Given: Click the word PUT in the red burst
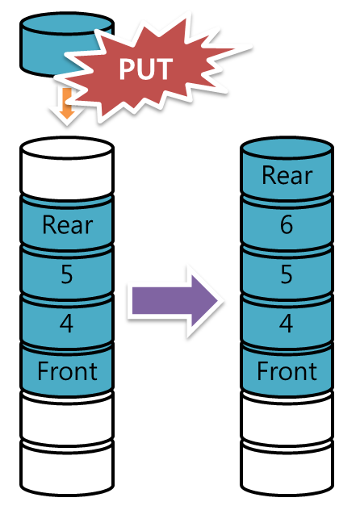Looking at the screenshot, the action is (x=145, y=69).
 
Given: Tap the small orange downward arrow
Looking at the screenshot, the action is (x=67, y=102).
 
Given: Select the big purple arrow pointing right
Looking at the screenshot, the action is (x=175, y=301).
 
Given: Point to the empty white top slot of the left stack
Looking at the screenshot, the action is (x=67, y=168).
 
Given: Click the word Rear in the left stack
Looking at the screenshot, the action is (x=68, y=225).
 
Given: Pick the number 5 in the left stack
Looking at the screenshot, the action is (x=67, y=274).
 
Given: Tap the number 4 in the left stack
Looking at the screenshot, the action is (x=66, y=324).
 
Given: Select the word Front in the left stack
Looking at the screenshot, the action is (x=67, y=371).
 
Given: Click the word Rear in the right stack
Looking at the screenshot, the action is (x=287, y=176).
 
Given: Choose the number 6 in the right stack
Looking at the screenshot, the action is (x=287, y=225).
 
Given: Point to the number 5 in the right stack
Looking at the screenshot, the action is (x=287, y=274).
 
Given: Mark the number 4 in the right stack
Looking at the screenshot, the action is (x=287, y=324).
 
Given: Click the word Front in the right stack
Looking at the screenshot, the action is (x=287, y=371).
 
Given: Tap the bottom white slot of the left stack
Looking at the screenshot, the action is (x=67, y=468).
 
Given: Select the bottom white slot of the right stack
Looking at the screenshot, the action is (x=287, y=468).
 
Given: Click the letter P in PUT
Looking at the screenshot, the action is (x=127, y=69).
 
